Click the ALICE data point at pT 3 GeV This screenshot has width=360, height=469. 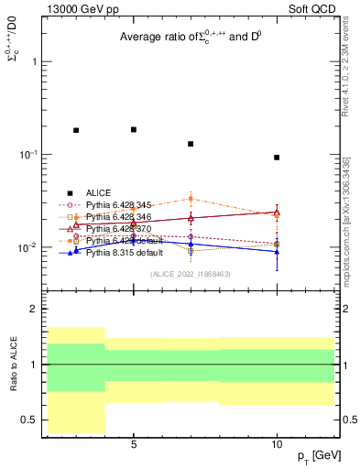pyautogui.click(x=76, y=131)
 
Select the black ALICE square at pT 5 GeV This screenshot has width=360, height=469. pyautogui.click(x=134, y=130)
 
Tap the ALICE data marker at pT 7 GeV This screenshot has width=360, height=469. pyautogui.click(x=191, y=144)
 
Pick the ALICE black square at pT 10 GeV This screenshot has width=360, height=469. pyautogui.click(x=277, y=158)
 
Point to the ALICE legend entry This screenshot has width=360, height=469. pyautogui.click(x=98, y=192)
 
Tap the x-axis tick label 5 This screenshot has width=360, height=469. pyautogui.click(x=134, y=444)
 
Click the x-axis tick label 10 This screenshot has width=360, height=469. pyautogui.click(x=277, y=444)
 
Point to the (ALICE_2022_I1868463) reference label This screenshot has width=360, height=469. pyautogui.click(x=189, y=274)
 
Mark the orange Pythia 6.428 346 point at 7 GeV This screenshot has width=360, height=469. pyautogui.click(x=191, y=199)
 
